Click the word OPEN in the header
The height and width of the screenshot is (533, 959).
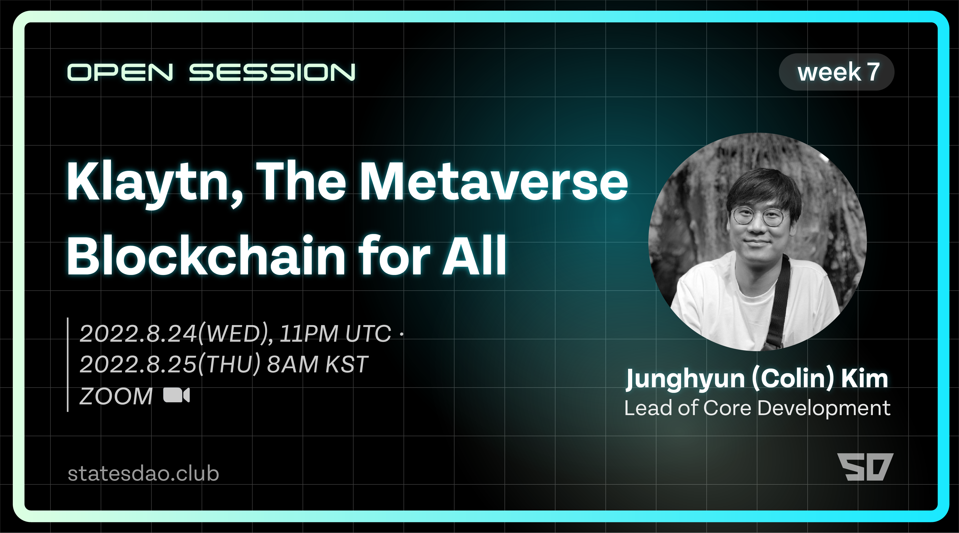pyautogui.click(x=120, y=72)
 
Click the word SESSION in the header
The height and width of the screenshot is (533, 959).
pyautogui.click(x=272, y=72)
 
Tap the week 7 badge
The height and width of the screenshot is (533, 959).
pyautogui.click(x=836, y=72)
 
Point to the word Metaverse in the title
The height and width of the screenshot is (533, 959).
pyautogui.click(x=494, y=182)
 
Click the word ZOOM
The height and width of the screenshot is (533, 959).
pyautogui.click(x=116, y=396)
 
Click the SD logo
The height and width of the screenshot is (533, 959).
pyautogui.click(x=865, y=467)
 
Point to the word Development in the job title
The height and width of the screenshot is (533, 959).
pyautogui.click(x=824, y=408)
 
